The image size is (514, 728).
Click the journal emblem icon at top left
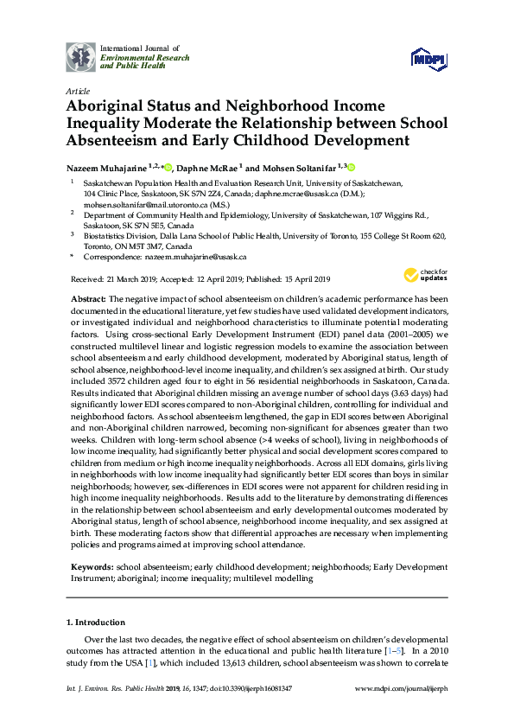[81, 56]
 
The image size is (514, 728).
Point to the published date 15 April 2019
[300, 279]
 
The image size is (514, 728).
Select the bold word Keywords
[92, 567]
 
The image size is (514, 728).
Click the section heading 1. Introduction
[96, 622]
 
